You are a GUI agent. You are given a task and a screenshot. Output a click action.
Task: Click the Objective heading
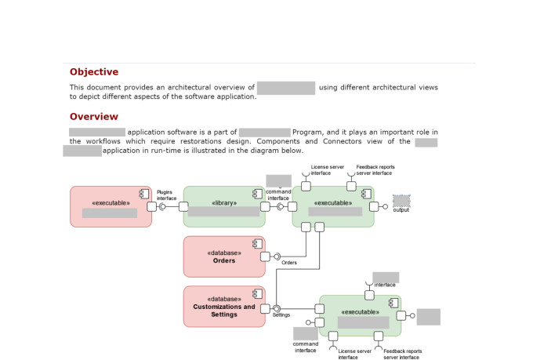coord(94,72)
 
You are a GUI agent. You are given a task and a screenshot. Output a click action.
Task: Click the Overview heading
coord(93,117)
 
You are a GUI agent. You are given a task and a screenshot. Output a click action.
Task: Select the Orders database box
coord(224,256)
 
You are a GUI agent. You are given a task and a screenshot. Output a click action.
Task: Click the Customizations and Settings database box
coord(224,307)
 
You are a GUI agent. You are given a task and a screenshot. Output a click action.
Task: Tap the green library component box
coord(224,206)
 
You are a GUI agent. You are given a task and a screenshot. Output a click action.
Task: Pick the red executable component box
coord(111,206)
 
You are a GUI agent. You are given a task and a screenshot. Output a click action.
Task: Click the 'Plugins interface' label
coord(166,195)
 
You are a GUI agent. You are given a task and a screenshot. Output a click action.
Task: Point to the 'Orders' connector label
coord(288,263)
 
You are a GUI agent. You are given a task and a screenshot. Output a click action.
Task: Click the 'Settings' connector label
coord(281,315)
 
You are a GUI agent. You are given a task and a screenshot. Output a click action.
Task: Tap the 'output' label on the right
coord(401,209)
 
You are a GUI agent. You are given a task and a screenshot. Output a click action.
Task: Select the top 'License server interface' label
coord(326,169)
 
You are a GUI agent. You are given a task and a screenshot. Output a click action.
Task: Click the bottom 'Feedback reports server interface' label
coord(402,355)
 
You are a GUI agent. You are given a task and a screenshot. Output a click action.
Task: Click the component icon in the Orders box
coord(256,245)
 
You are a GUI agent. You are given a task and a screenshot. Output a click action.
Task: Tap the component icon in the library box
coord(256,193)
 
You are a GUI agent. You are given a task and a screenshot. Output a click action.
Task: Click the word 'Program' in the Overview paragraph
coord(309,133)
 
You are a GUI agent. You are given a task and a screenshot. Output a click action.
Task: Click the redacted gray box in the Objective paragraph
coord(285,88)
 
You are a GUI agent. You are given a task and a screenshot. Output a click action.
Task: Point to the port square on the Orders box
coord(265,256)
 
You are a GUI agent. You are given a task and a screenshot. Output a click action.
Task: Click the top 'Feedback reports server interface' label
coord(375,169)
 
